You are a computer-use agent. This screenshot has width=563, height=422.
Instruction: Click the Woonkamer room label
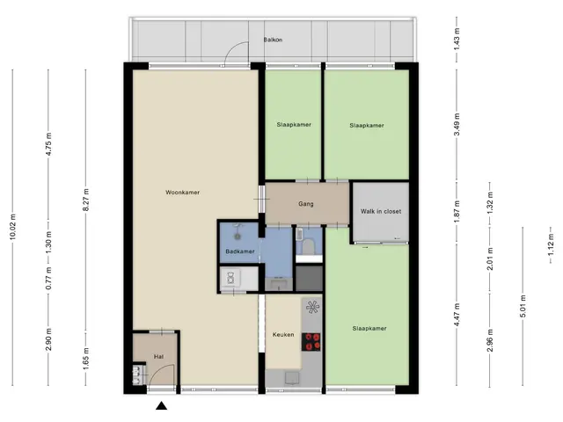pos(182,193)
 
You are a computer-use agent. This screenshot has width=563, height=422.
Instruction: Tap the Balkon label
pos(273,40)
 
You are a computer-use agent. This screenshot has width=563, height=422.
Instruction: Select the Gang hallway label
pos(306,204)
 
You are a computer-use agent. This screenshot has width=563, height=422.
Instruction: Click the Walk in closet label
pos(381,211)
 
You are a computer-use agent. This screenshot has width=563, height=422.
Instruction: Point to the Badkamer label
pos(240,251)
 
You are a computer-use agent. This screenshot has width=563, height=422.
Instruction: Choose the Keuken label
pos(283,334)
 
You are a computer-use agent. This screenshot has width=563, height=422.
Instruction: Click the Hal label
pos(158,357)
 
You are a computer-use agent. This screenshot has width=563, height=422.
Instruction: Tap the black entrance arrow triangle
pos(162,405)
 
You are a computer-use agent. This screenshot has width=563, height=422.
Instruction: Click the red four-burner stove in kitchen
pos(311,342)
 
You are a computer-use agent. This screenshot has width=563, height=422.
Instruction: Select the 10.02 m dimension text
pos(13,227)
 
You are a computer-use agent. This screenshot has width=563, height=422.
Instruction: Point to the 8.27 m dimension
pos(86,200)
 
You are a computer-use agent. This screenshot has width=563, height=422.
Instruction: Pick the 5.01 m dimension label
pos(523,306)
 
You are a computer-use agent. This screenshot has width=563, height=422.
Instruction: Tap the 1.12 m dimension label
pos(551,245)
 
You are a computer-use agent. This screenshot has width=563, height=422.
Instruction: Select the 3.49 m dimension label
pos(457,125)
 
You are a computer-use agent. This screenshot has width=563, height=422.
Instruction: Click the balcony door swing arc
pos(230,48)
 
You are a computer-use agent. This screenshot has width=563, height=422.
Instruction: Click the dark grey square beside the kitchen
pos(309,278)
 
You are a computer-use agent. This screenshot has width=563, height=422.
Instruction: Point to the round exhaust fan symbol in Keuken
pos(312,307)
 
